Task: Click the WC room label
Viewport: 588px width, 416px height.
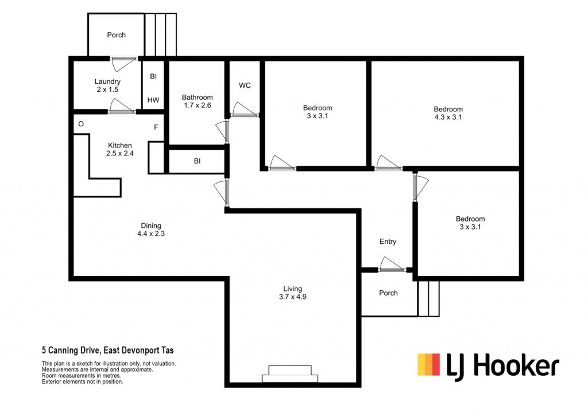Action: click(245, 85)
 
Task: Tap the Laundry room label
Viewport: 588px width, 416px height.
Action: click(107, 81)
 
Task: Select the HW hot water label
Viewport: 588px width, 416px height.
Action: click(153, 100)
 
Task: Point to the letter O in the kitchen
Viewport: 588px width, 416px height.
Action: click(81, 124)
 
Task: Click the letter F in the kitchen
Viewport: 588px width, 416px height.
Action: click(156, 127)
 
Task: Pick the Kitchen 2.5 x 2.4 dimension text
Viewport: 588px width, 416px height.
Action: click(120, 153)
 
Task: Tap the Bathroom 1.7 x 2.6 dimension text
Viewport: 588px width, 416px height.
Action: click(198, 106)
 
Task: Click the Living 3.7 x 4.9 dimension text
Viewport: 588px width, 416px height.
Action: click(292, 297)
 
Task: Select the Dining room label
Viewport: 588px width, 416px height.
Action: click(151, 226)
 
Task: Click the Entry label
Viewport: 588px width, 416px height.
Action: click(388, 242)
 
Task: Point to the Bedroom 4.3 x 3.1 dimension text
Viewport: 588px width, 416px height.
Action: click(448, 117)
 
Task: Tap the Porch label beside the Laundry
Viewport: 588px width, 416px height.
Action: click(116, 35)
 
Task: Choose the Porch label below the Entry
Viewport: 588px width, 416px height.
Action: click(388, 293)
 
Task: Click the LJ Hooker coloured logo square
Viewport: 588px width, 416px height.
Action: click(428, 365)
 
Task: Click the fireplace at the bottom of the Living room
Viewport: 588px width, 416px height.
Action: click(290, 374)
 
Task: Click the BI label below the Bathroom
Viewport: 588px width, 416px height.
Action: click(198, 161)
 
